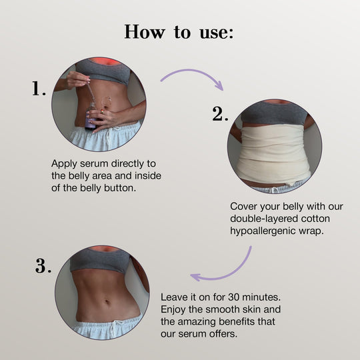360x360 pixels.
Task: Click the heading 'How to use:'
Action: click(179, 31)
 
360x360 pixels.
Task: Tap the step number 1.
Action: click(39, 89)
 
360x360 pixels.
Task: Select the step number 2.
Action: click(221, 114)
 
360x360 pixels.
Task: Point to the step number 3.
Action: click(43, 267)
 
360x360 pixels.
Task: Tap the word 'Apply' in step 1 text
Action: click(64, 163)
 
